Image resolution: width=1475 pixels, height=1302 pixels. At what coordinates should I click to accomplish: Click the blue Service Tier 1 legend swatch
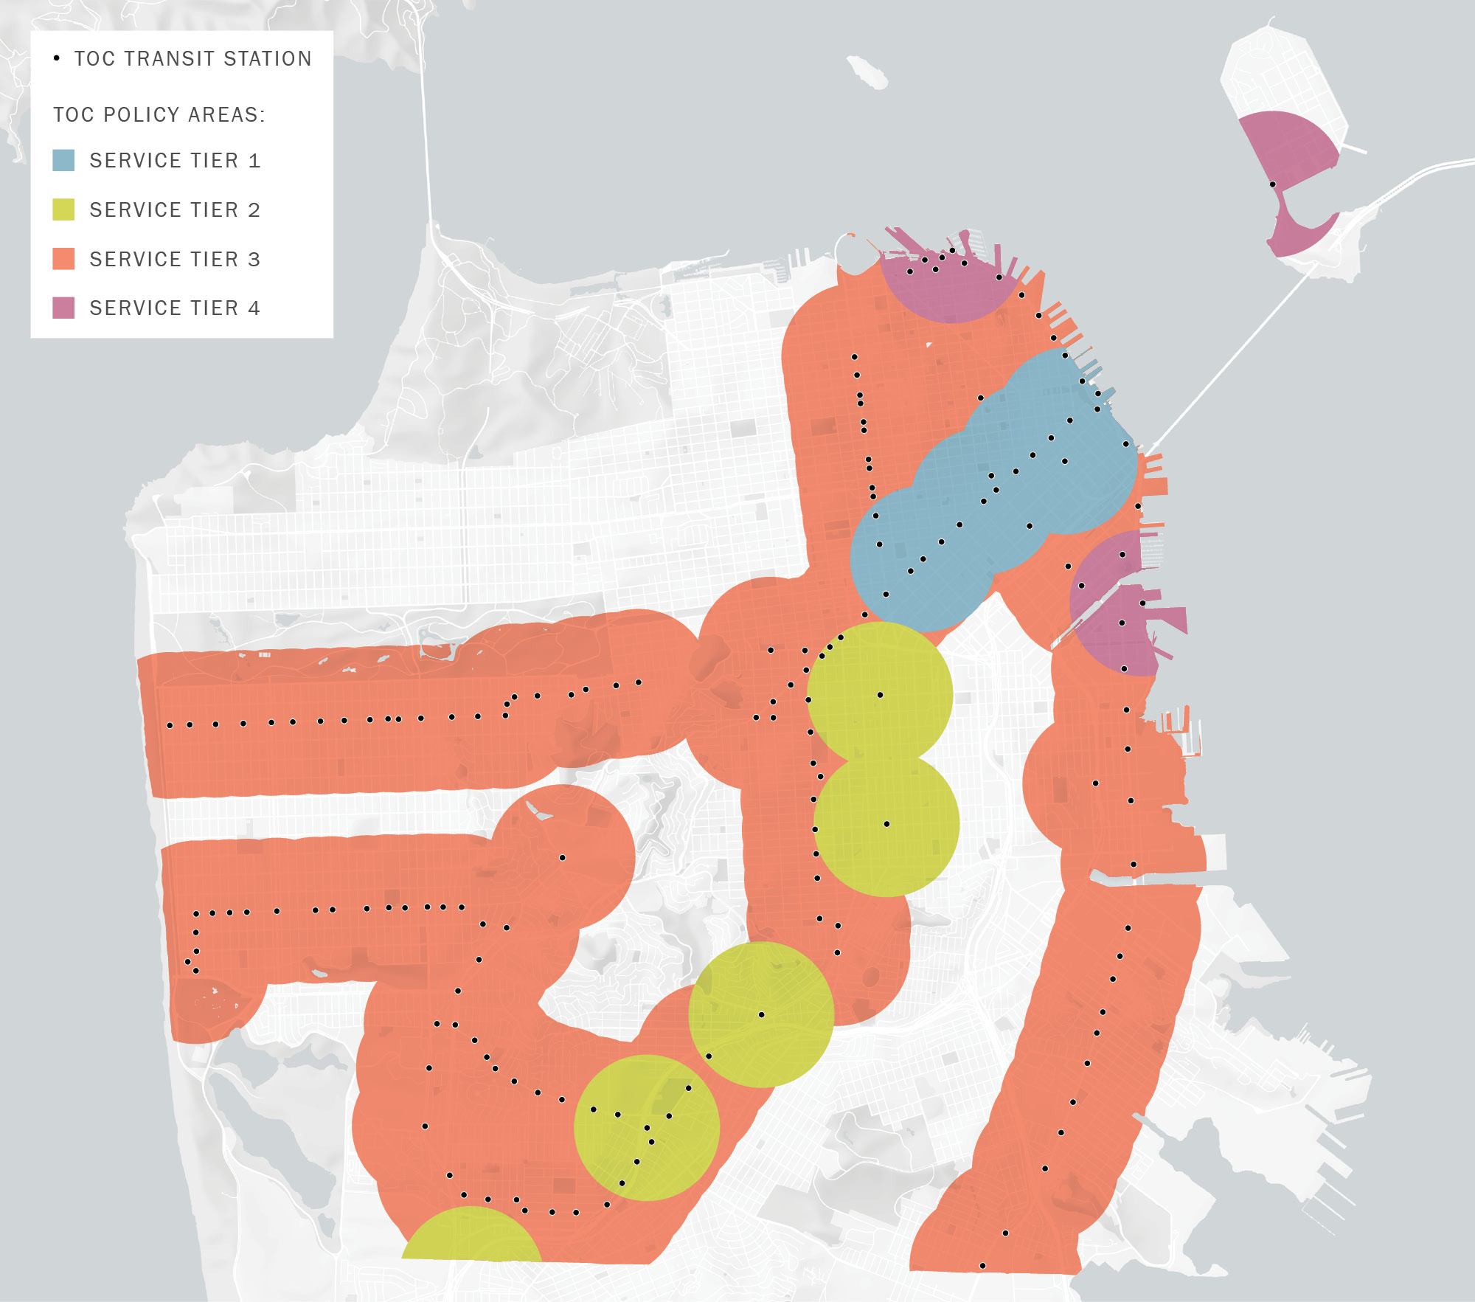63,161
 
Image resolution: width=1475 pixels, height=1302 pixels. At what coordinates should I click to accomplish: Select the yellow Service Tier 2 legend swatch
63,210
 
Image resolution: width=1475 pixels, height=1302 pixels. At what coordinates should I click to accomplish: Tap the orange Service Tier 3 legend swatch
63,259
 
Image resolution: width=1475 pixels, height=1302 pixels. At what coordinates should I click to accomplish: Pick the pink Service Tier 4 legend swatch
63,308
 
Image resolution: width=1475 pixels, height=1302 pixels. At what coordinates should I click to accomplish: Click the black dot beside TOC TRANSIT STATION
57,58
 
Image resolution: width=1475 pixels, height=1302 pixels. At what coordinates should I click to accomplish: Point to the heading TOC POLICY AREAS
159,115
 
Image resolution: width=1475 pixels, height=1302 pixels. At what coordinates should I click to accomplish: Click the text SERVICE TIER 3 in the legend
175,259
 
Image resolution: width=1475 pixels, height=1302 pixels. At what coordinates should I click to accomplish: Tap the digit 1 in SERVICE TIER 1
254,161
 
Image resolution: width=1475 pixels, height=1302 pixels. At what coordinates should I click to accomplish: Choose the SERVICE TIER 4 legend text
175,308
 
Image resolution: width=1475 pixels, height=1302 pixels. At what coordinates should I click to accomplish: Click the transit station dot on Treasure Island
1272,184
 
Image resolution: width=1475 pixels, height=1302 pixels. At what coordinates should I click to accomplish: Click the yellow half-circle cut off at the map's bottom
472,1236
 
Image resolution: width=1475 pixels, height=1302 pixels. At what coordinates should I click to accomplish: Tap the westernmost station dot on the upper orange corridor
170,726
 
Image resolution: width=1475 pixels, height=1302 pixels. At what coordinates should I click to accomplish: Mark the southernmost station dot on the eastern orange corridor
982,1266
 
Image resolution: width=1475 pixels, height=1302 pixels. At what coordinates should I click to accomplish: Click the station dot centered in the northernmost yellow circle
880,695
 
